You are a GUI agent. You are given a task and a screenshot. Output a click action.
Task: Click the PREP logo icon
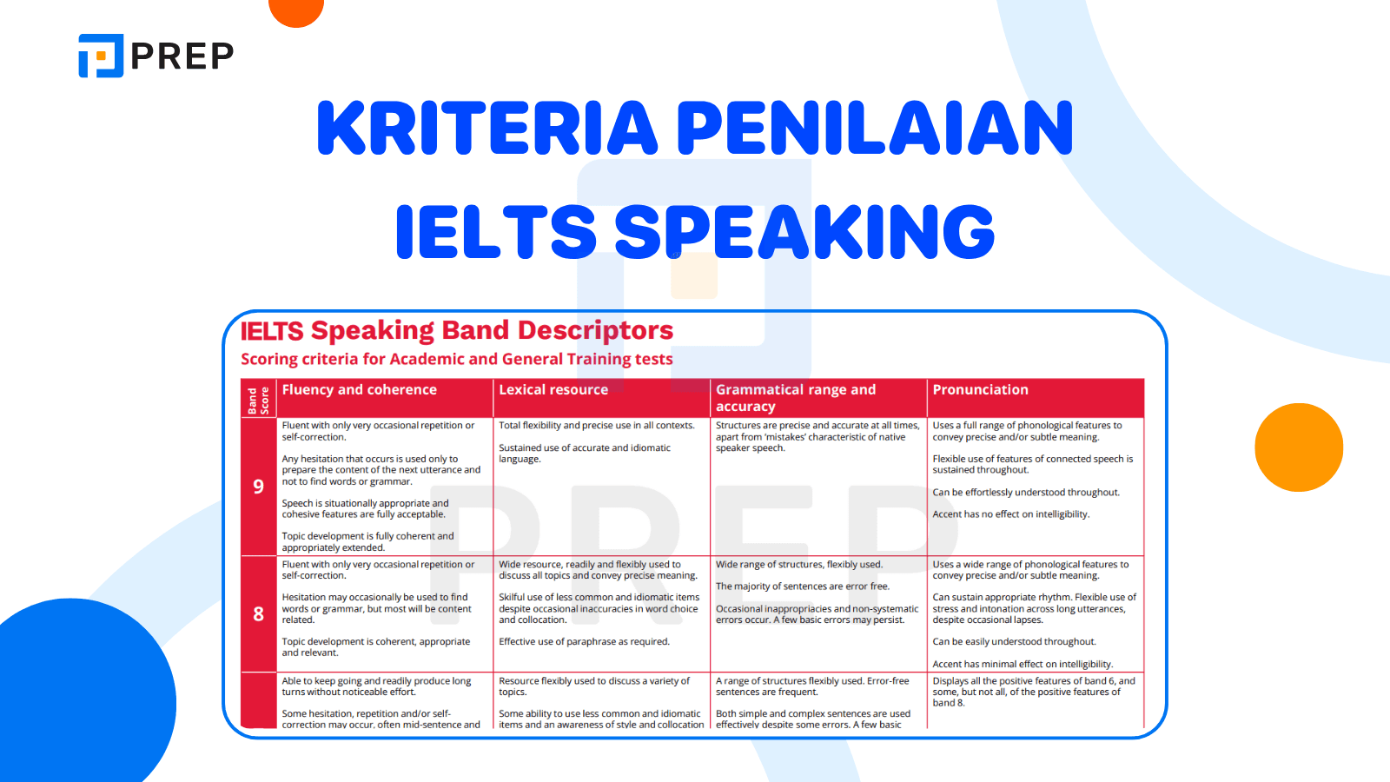coord(101,56)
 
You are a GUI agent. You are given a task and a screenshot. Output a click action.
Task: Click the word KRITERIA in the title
coord(487,129)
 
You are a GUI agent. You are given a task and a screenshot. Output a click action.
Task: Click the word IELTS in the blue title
coord(495,232)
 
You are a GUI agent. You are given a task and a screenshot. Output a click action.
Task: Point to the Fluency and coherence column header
coord(359,390)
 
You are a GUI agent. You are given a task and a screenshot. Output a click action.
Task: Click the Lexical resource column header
coord(553,390)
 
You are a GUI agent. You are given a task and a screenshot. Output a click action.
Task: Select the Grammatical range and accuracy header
coord(795,398)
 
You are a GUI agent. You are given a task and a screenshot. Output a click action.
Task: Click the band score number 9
coord(258,487)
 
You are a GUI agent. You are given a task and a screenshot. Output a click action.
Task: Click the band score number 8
coord(258,614)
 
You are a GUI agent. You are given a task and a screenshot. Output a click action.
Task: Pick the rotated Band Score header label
coord(258,401)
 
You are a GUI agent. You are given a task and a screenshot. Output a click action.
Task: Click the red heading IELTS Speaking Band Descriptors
coord(457,330)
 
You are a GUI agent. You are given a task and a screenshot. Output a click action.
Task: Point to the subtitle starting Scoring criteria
coord(457,359)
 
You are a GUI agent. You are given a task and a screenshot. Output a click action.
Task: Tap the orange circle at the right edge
coord(1299,447)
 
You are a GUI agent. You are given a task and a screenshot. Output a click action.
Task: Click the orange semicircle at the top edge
coord(296,10)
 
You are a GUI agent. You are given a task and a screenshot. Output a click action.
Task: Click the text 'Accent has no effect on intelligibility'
coord(1010,514)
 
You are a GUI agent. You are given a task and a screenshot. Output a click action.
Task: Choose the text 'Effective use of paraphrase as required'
coord(584,642)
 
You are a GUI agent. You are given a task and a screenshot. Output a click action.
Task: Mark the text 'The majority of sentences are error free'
coord(802,586)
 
